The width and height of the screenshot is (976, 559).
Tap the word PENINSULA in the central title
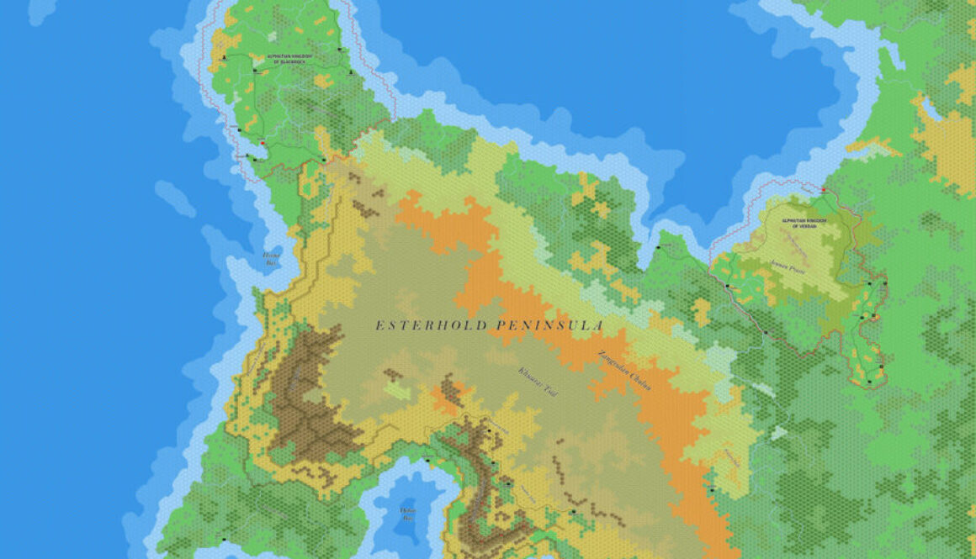549,325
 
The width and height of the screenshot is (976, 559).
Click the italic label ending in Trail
538,382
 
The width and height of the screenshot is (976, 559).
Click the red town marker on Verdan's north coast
823,190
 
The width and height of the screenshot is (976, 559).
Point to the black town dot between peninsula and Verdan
659,247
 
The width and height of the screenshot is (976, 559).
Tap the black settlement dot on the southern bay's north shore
427,461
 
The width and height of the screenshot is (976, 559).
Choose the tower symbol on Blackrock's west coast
225,58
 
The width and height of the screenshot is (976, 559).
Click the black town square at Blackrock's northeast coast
339,50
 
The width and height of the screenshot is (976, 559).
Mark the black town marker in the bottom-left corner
225,539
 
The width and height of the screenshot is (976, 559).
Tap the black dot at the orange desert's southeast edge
712,489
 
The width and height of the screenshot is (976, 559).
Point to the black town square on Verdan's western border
727,286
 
